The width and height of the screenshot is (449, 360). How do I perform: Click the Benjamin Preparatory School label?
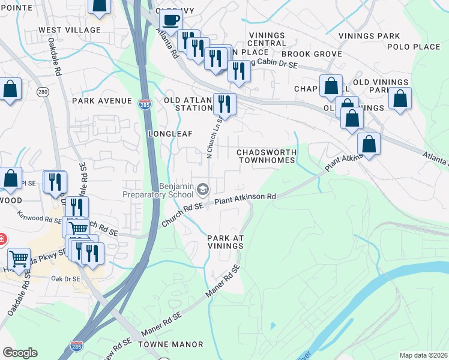point(158,190)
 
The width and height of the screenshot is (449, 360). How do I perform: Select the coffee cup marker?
point(170,19)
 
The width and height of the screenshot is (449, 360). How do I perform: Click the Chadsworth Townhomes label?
point(267,156)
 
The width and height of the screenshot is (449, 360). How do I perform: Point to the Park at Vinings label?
point(225,242)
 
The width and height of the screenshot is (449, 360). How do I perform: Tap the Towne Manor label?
point(170,344)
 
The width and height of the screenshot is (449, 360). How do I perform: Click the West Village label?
point(70,30)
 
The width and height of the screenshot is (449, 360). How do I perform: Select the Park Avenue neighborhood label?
point(101,101)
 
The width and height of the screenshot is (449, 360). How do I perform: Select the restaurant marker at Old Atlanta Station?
point(224,104)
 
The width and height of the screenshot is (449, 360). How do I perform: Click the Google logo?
point(20,353)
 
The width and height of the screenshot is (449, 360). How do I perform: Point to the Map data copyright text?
point(423,355)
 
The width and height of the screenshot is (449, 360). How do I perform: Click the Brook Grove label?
point(318,54)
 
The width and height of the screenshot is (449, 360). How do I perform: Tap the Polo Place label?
point(414,47)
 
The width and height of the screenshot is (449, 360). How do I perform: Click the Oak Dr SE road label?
point(65,278)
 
